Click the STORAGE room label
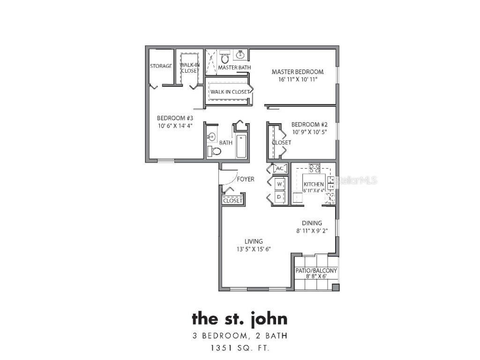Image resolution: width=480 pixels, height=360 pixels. (x=161, y=66)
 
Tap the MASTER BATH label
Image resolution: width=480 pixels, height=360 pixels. (x=234, y=67)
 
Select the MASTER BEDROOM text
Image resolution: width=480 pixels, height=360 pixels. (x=298, y=72)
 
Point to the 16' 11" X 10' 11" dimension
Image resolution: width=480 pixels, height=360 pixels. (x=298, y=79)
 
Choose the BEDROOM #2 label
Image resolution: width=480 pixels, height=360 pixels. (x=309, y=124)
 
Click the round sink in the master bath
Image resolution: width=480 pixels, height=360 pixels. (x=241, y=55)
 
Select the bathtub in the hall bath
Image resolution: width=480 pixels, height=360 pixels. (x=241, y=146)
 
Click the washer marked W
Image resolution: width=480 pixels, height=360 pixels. (x=279, y=184)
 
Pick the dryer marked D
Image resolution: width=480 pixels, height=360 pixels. (x=279, y=197)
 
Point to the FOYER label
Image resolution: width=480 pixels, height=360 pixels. (x=246, y=179)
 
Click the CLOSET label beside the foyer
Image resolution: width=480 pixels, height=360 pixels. (x=232, y=201)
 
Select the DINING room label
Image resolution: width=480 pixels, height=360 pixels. (x=312, y=223)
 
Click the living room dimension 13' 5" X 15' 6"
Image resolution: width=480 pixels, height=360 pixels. (x=254, y=249)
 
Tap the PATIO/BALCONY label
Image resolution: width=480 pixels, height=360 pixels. (x=316, y=271)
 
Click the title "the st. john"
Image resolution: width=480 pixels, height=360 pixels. (x=240, y=319)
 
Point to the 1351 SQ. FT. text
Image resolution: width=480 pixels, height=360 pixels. (x=240, y=348)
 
